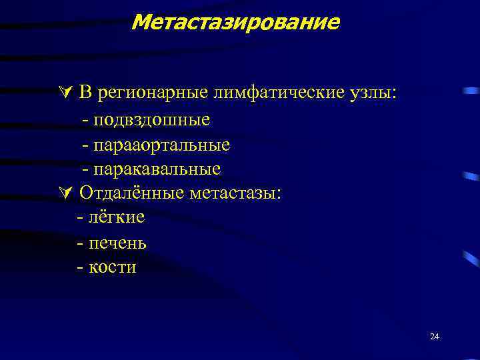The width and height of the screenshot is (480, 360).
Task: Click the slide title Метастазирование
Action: click(x=235, y=22)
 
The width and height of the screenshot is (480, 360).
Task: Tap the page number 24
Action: click(x=435, y=337)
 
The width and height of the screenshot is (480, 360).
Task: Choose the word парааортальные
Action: click(x=161, y=145)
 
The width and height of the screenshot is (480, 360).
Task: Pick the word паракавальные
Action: click(x=157, y=169)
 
